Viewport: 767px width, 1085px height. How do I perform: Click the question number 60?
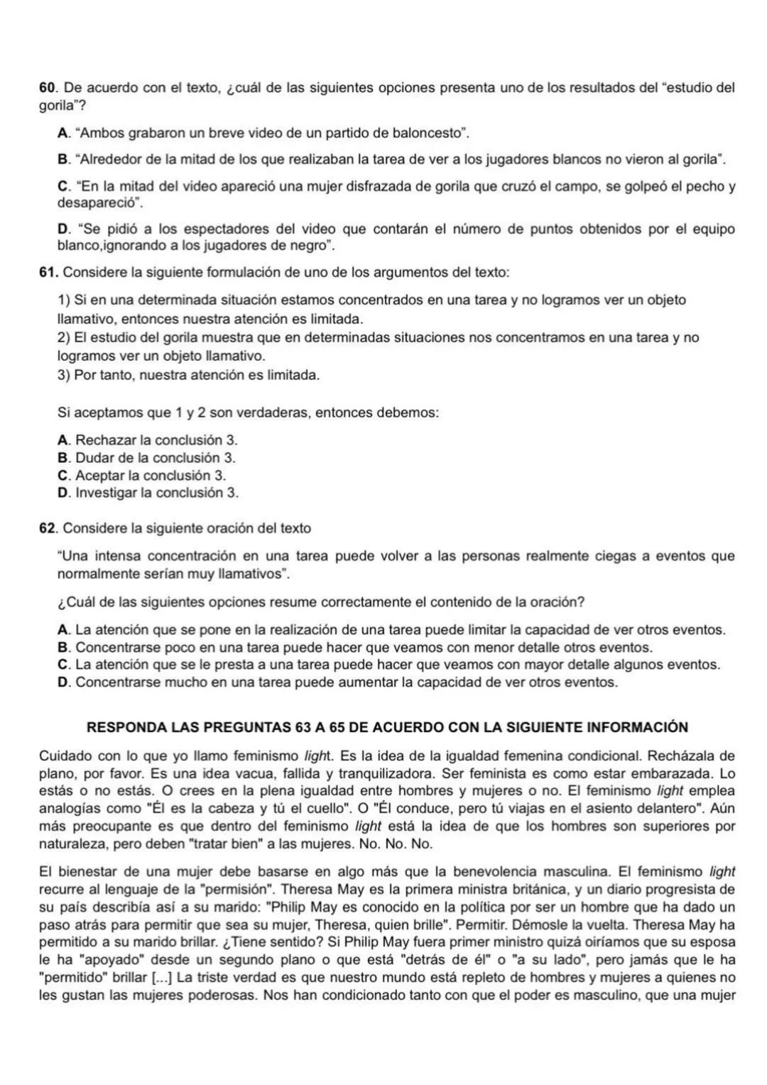(46, 88)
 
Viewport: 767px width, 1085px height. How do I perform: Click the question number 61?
(47, 273)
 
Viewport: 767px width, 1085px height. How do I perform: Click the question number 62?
(47, 528)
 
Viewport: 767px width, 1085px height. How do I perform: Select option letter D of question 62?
(62, 682)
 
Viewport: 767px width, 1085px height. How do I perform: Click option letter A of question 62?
(62, 630)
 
